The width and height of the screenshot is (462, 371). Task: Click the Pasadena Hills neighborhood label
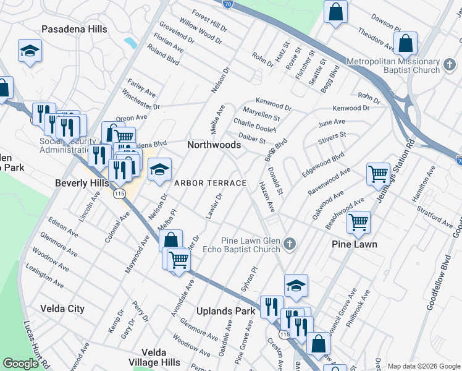coord(74,29)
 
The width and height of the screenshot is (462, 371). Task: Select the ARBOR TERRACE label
coord(210,183)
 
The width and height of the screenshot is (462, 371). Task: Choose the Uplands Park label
coord(225,311)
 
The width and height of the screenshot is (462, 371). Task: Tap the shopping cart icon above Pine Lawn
coord(358,222)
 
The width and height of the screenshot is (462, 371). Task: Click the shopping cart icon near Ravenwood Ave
coord(377,173)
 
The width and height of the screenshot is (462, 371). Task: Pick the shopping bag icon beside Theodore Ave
coord(406,44)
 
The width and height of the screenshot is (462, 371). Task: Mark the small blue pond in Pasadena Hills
coord(130,43)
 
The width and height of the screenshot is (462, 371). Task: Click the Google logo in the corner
coord(20,364)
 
